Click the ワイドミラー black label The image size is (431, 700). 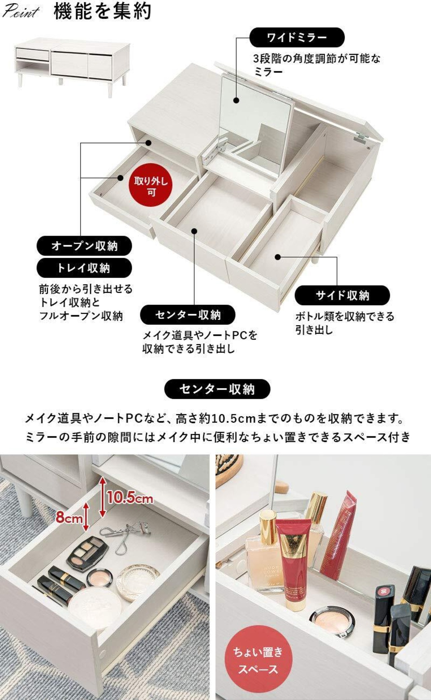coord(297,37)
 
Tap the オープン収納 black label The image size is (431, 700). coord(84,246)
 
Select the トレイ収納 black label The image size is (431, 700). coord(84,268)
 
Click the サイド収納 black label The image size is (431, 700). coord(342,295)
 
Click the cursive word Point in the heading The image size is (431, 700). coord(20,12)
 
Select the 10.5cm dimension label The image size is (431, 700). coord(130,498)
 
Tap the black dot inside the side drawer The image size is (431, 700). coord(277,257)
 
